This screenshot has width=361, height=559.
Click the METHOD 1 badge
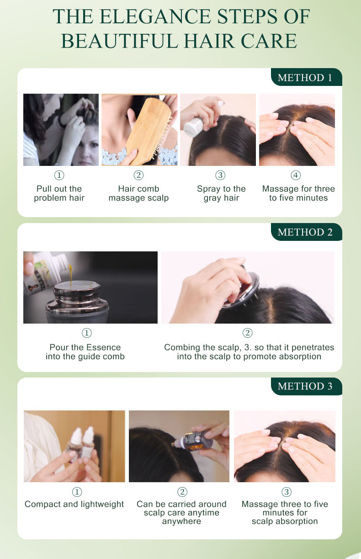[x=306, y=77]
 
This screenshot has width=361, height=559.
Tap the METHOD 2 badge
[x=306, y=232]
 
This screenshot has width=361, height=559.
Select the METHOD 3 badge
[x=306, y=386]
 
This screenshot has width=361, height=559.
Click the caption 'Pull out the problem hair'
[x=59, y=193]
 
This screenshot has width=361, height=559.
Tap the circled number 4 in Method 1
[x=296, y=175]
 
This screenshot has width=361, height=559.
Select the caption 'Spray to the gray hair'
[x=221, y=193]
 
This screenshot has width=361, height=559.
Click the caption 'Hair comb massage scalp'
[x=139, y=193]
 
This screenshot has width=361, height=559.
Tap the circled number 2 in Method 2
[x=248, y=333]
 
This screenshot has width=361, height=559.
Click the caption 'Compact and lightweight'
[x=74, y=504]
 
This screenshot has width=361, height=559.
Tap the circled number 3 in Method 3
[x=287, y=492]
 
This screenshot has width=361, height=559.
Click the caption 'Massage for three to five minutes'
[x=298, y=193]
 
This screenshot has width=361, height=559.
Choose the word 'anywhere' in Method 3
[x=181, y=522]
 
